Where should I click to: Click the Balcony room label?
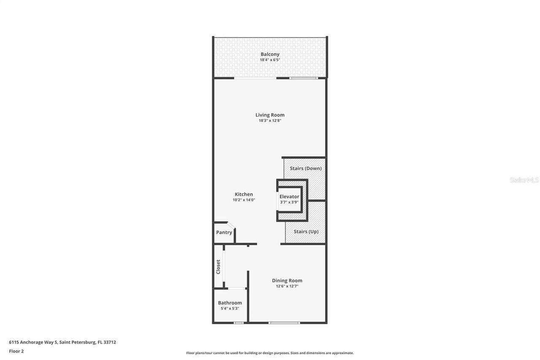[x=270, y=54]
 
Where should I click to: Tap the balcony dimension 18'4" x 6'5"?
[x=270, y=60]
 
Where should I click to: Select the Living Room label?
[x=270, y=115]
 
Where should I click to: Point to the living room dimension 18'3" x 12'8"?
[x=270, y=121]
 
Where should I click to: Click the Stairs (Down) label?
[x=305, y=168]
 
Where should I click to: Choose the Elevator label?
[x=289, y=197]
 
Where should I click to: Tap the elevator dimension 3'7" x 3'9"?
[x=289, y=202]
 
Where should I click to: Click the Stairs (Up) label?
[x=306, y=232]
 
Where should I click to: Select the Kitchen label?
[x=244, y=195]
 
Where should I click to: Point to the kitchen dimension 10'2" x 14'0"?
[x=244, y=200]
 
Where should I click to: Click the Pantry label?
[x=224, y=233]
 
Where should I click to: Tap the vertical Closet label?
[x=218, y=267]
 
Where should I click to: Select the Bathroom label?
[x=230, y=303]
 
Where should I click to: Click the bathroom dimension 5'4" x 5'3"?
[x=230, y=309]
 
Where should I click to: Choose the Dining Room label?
[x=287, y=281]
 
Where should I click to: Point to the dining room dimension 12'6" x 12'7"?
[x=287, y=286]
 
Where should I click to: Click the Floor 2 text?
[x=16, y=351]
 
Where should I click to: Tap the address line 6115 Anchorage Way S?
[x=62, y=342]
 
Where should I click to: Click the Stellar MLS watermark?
[x=524, y=180]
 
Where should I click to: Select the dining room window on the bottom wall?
[x=284, y=323]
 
